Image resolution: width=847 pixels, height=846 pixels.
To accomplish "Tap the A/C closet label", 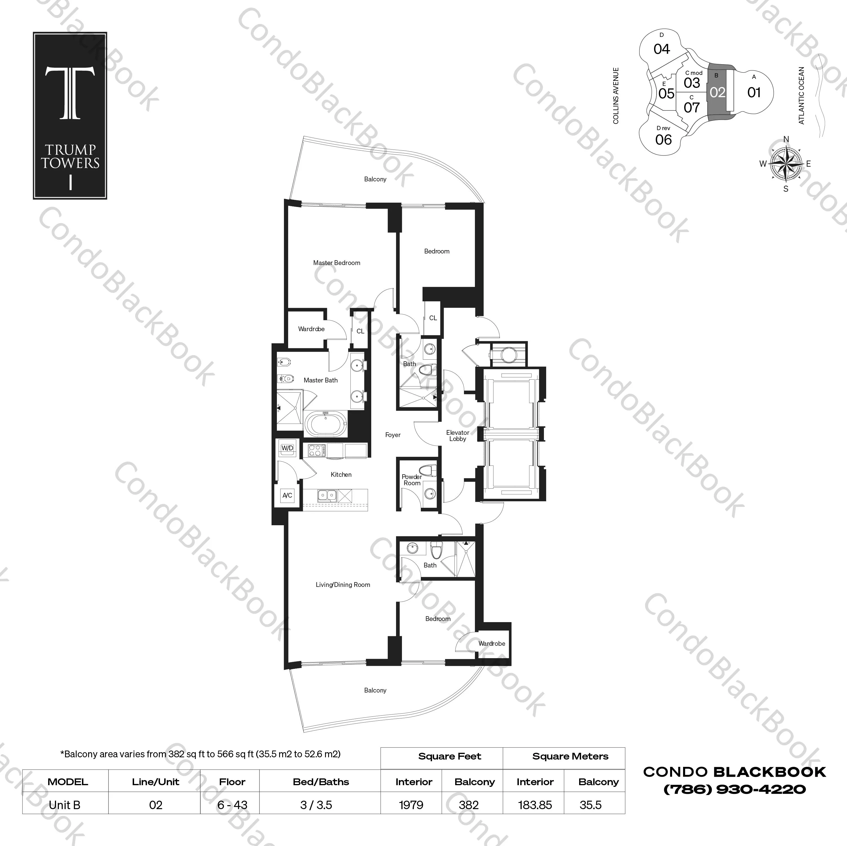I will (x=287, y=496).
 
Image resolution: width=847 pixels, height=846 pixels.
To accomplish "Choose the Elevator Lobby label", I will (x=458, y=436).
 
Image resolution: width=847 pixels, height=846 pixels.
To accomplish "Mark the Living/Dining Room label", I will (x=343, y=585).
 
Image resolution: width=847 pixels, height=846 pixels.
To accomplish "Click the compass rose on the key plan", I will (x=786, y=164).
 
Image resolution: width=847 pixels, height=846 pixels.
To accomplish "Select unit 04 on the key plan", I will (x=662, y=49).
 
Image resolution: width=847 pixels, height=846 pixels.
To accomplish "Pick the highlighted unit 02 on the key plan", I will (x=718, y=92).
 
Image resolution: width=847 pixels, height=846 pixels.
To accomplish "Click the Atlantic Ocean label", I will (x=801, y=95).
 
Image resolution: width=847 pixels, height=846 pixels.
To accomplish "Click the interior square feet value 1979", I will (x=411, y=805).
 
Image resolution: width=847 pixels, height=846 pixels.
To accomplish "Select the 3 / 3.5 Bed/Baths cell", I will (x=316, y=805).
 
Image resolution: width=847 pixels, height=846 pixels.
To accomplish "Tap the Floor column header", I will (x=232, y=782).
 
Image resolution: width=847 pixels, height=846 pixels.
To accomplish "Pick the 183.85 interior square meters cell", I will (x=535, y=805).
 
